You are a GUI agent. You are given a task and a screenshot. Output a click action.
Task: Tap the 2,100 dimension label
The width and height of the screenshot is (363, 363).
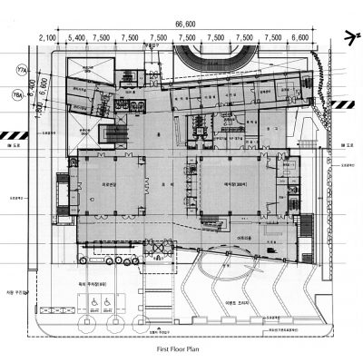click(50, 39)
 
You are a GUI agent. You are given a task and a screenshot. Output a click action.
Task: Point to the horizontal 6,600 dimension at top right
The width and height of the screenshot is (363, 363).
click(299, 39)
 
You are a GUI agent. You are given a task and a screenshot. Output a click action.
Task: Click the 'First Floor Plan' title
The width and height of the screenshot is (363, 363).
click(181, 348)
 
